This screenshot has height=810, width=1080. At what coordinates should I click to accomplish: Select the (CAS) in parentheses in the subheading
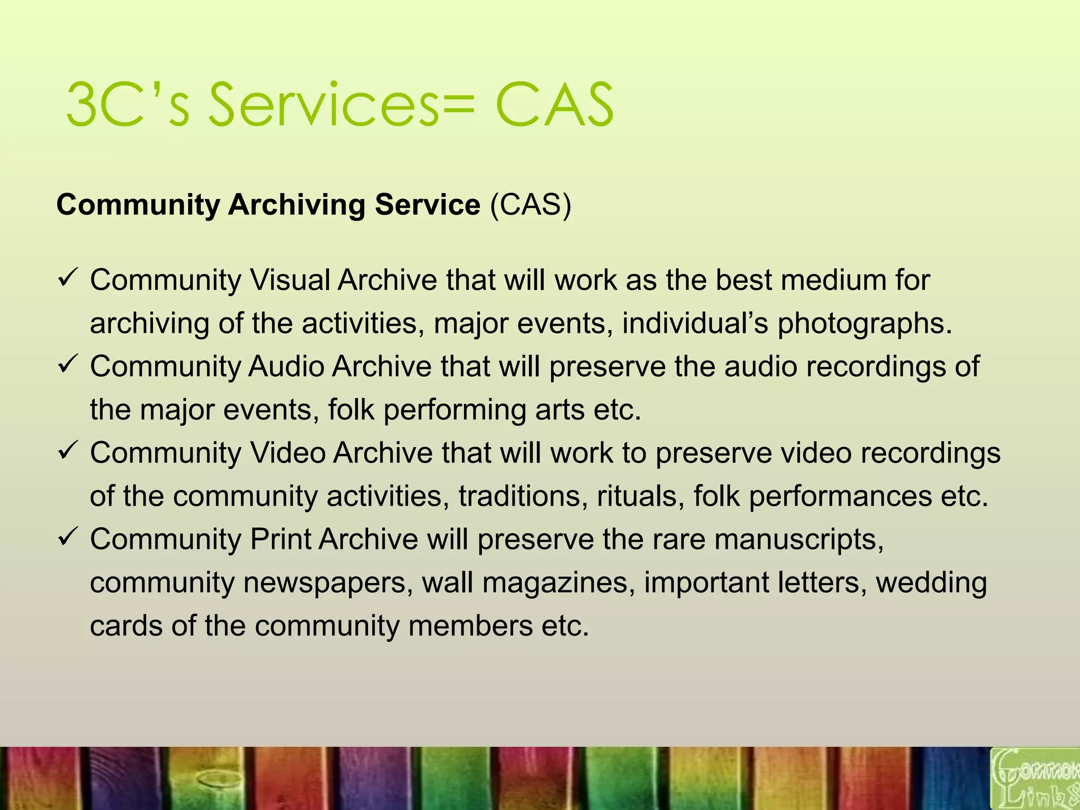pyautogui.click(x=531, y=205)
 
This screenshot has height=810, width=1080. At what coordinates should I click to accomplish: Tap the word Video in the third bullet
pyautogui.click(x=287, y=453)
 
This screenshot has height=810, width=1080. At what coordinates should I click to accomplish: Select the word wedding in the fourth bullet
pyautogui.click(x=931, y=583)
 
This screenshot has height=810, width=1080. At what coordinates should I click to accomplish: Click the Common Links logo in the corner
pyautogui.click(x=1035, y=778)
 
